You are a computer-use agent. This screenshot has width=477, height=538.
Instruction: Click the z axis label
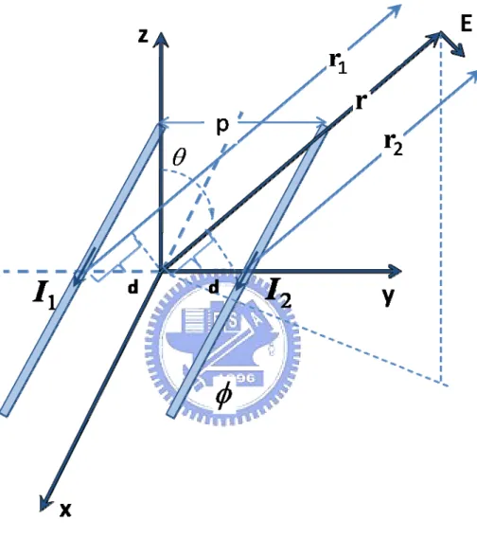[x=143, y=35]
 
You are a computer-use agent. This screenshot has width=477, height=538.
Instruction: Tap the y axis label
[x=388, y=296]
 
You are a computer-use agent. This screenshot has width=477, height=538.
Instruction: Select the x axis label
[x=65, y=510]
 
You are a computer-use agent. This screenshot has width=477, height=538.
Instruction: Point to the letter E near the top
[x=466, y=24]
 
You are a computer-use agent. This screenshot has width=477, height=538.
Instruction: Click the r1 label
[x=338, y=63]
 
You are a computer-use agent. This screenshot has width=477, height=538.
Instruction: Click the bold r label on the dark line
[x=361, y=101]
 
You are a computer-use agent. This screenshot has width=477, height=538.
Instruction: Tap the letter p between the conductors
[x=222, y=126]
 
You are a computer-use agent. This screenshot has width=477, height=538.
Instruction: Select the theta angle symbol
[x=180, y=157]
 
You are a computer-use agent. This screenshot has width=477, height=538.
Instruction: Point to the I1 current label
[x=44, y=296]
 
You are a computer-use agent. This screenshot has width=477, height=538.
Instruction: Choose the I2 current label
[x=278, y=294]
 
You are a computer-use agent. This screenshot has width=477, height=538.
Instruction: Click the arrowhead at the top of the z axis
[x=160, y=39]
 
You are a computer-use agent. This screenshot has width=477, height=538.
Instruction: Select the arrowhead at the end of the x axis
[x=44, y=504]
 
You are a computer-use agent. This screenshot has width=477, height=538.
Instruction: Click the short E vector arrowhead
[x=459, y=51]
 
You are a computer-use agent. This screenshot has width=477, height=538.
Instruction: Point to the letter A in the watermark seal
[x=257, y=321]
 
